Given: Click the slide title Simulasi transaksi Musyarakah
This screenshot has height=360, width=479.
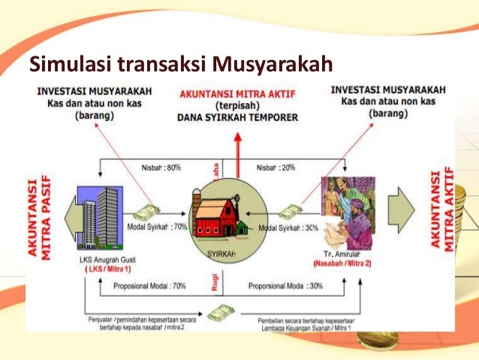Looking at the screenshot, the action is (x=180, y=65).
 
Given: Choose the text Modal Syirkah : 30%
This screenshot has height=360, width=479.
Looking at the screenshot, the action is (x=289, y=226).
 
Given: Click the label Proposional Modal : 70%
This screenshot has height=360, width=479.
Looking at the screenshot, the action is (x=149, y=286).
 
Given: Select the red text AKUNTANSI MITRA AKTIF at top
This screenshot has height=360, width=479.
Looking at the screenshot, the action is (x=237, y=94).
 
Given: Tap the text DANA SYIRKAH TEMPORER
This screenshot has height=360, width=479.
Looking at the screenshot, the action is (x=237, y=117).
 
